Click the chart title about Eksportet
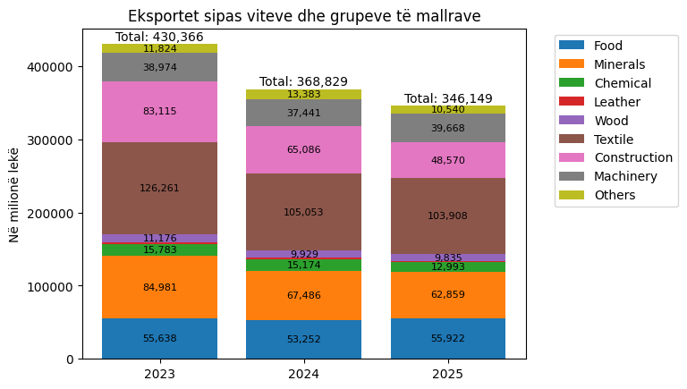(304, 16)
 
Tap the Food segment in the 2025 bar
(448, 338)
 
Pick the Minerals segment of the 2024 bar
(304, 295)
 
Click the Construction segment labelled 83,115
(159, 112)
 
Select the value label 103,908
(448, 216)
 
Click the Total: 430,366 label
(159, 37)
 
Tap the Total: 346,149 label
(448, 98)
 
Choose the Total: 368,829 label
(304, 81)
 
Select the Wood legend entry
(611, 121)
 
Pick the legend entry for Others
(614, 195)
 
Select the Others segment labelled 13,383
(304, 94)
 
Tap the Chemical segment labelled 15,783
(159, 249)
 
